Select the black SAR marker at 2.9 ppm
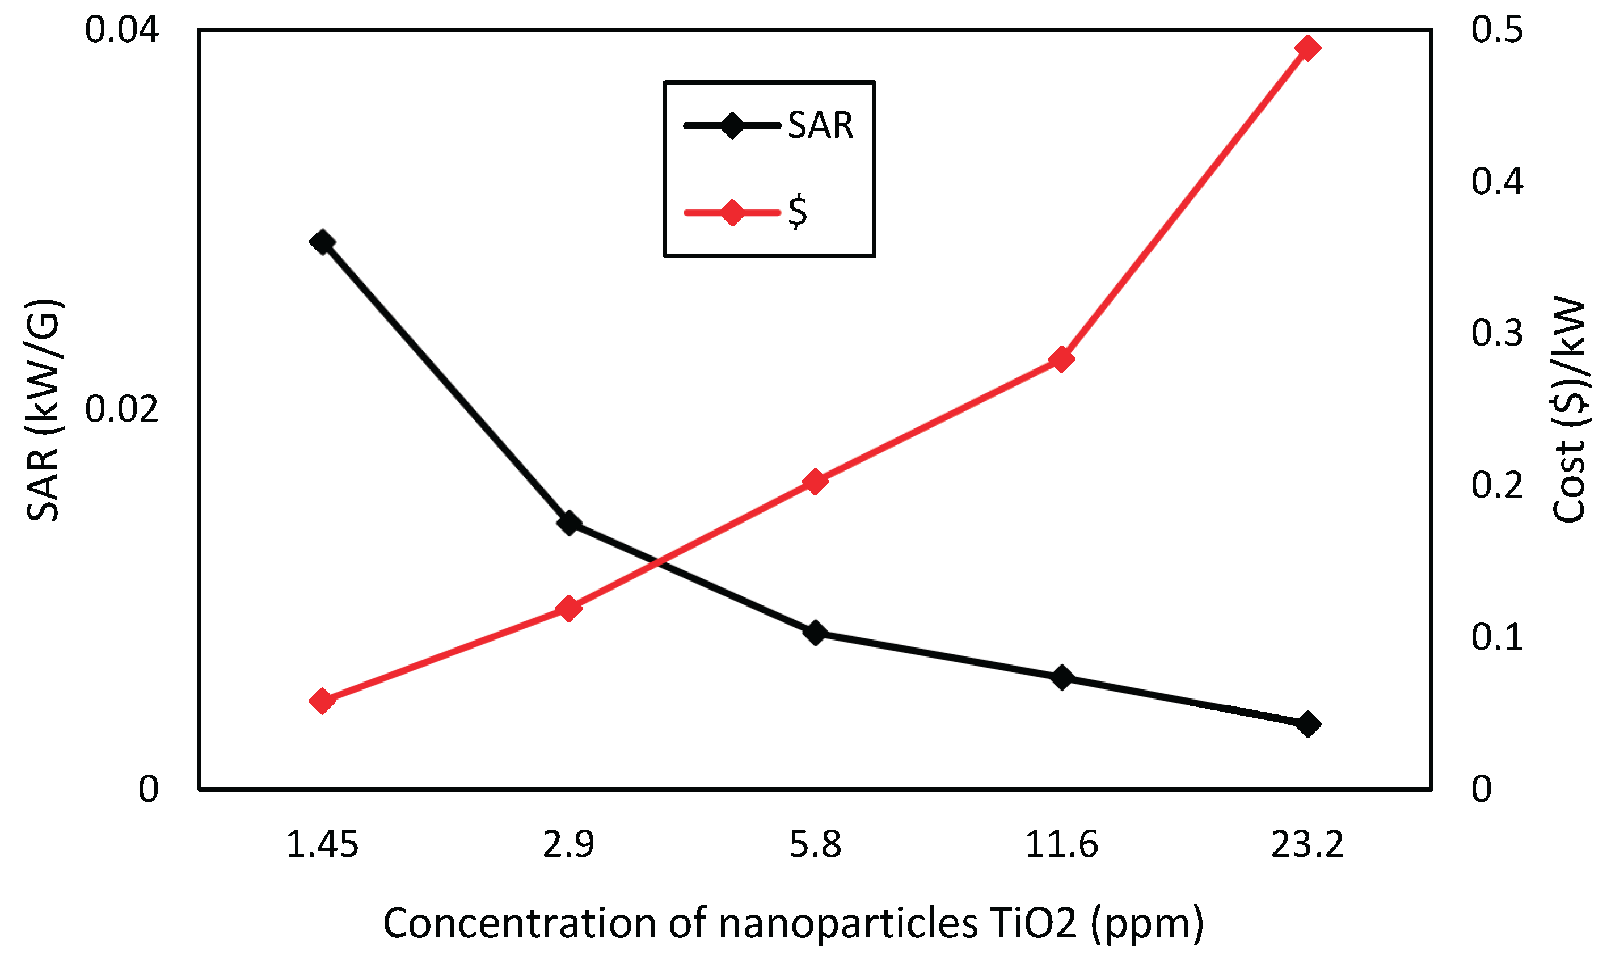pos(569,523)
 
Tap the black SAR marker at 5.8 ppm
pos(815,632)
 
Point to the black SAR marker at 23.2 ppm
pos(1307,724)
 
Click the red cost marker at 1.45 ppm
pos(322,701)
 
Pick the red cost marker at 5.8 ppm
pos(815,481)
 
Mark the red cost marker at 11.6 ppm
pos(1062,359)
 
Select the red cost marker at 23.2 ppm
pos(1307,48)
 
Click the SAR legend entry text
pos(820,125)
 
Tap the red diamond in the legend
pos(732,212)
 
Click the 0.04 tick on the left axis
pos(122,31)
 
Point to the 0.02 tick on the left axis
pos(122,410)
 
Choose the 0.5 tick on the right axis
pos(1497,31)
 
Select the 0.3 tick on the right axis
pos(1497,333)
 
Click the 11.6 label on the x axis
pos(1062,845)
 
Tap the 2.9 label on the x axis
pos(569,845)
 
